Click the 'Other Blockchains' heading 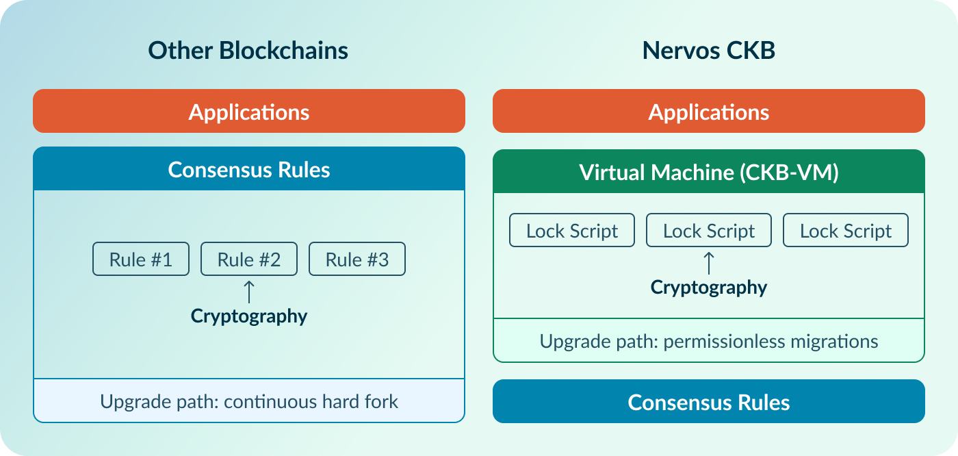pos(248,51)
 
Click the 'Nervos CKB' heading pos(708,51)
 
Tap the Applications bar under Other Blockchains pos(248,112)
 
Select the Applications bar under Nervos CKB pos(708,112)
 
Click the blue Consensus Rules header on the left pos(248,169)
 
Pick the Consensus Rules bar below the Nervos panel pos(708,402)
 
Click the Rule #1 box pos(141,259)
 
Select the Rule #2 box pos(248,259)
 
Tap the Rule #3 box pos(357,259)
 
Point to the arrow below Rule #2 pos(249,291)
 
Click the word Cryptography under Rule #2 pos(248,316)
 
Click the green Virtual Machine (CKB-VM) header pos(708,172)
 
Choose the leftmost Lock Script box pos(572,231)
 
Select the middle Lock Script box pos(708,231)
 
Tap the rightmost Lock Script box pos(845,231)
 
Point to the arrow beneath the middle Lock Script pos(709,263)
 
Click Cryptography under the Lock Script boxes pos(708,287)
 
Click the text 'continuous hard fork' pos(311,401)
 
